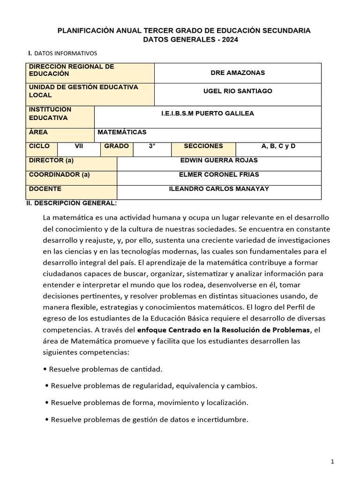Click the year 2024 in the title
click(230, 40)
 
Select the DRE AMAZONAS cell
click(238, 73)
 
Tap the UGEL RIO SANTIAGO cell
click(238, 91)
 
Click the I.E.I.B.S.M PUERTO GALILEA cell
click(207, 113)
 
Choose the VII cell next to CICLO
click(79, 146)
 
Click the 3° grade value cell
click(152, 146)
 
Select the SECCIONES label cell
click(203, 146)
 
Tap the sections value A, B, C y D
click(278, 146)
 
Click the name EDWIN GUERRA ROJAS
click(219, 160)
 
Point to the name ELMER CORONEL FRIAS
click(219, 175)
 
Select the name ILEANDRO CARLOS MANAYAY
click(219, 189)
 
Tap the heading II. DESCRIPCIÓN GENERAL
click(72, 203)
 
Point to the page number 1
click(332, 462)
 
